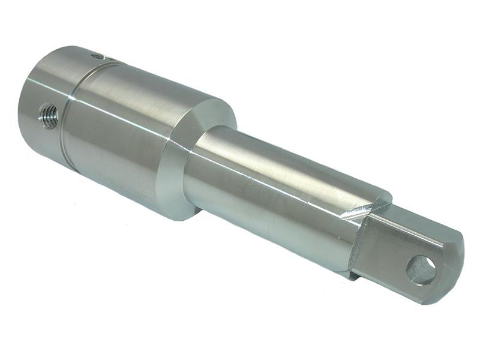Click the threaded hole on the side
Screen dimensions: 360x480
49,115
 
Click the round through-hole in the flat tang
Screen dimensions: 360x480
421,269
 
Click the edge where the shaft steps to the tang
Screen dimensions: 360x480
360,240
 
